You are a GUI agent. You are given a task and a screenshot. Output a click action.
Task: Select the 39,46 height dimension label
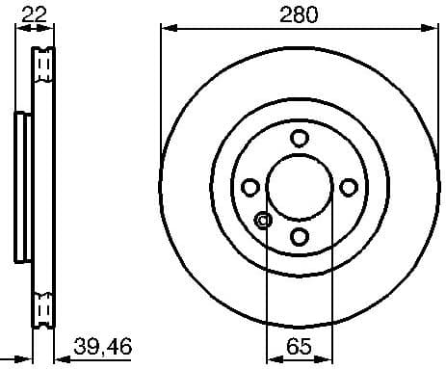coord(104,344)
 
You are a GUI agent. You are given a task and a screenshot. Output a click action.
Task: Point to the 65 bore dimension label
coord(299,344)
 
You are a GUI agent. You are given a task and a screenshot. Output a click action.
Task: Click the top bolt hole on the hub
coord(299,138)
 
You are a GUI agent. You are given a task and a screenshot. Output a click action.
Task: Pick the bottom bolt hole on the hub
coord(299,236)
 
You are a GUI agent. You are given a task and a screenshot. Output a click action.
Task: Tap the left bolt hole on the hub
coord(249,187)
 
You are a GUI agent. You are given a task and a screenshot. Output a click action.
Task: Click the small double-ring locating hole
coord(263,221)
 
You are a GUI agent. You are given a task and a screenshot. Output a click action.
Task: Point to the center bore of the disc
coord(299,187)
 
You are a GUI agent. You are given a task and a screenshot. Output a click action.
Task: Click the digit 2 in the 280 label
coord(284,14)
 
